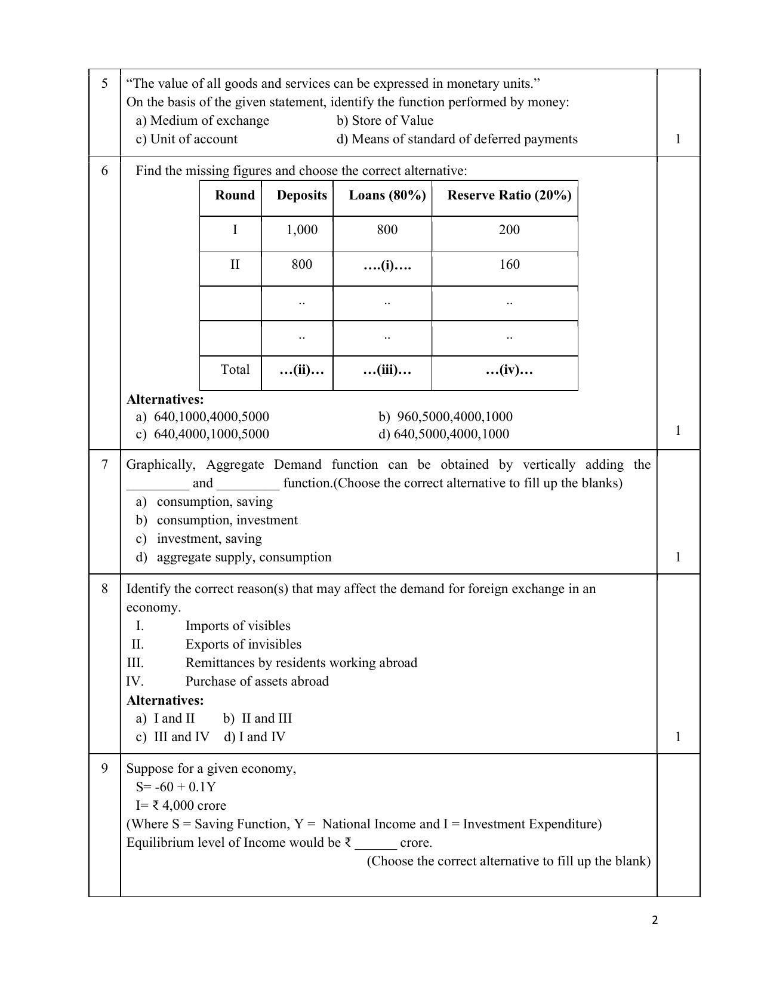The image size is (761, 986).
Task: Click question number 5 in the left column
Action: click(x=104, y=84)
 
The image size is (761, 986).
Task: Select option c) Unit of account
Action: click(x=186, y=139)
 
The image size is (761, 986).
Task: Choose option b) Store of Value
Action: click(x=384, y=121)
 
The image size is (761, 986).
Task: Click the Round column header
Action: click(x=235, y=195)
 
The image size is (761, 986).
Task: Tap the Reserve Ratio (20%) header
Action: click(x=509, y=195)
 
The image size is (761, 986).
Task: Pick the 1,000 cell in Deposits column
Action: click(x=301, y=230)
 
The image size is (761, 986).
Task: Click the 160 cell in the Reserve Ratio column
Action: click(x=509, y=265)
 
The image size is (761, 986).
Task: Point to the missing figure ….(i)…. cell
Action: click(x=387, y=265)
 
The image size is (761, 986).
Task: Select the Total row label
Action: click(x=235, y=370)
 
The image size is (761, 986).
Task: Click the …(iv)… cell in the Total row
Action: click(x=509, y=370)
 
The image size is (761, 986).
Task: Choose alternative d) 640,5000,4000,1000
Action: click(x=443, y=434)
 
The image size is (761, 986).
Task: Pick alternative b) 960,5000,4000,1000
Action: click(x=445, y=417)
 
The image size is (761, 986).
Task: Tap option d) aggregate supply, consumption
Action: click(x=234, y=557)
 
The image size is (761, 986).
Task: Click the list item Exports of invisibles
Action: click(x=243, y=644)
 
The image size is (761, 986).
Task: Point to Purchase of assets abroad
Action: click(x=257, y=681)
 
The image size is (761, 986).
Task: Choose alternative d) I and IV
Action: click(x=255, y=737)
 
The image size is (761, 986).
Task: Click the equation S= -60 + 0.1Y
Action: click(x=175, y=787)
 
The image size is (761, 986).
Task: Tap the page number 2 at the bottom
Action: click(x=655, y=920)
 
